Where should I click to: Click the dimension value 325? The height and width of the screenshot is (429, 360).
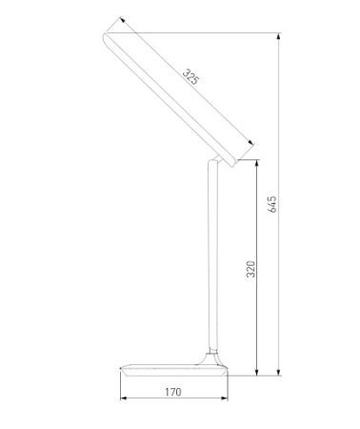pyautogui.click(x=190, y=77)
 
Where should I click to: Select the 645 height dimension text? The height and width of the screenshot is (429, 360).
pyautogui.click(x=272, y=204)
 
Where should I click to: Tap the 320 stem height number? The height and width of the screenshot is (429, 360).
pyautogui.click(x=250, y=269)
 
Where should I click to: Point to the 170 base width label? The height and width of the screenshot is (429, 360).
pyautogui.click(x=173, y=392)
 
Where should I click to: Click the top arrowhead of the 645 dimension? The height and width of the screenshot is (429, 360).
pyautogui.click(x=279, y=36)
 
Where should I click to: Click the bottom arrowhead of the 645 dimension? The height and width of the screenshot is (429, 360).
pyautogui.click(x=279, y=373)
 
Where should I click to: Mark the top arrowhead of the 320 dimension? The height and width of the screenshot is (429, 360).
pyautogui.click(x=257, y=163)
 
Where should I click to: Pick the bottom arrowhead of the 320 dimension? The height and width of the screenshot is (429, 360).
pyautogui.click(x=257, y=373)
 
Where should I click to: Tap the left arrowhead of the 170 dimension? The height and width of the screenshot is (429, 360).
pyautogui.click(x=124, y=398)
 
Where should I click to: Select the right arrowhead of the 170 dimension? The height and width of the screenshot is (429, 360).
pyautogui.click(x=225, y=398)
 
